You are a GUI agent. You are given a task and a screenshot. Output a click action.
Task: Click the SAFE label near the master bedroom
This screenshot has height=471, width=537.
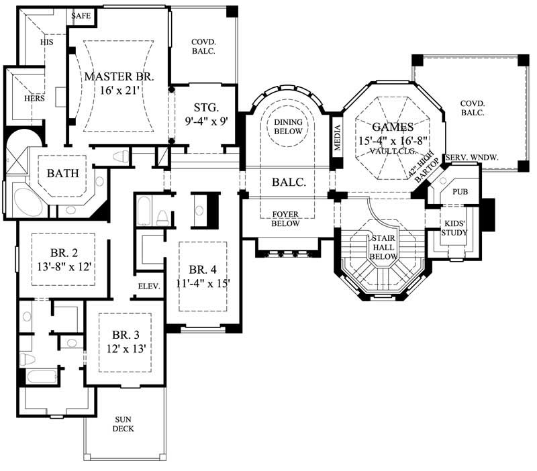tap(81, 15)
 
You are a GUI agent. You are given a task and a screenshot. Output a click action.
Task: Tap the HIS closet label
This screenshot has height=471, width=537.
tap(46, 42)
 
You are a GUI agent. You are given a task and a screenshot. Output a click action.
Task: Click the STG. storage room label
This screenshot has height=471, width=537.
tap(205, 107)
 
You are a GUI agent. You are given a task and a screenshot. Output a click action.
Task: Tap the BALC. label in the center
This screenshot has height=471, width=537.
tap(289, 182)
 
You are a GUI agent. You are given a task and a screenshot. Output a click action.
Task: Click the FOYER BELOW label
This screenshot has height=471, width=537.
tap(285, 219)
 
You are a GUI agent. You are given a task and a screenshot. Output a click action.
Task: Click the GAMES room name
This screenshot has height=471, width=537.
tap(393, 126)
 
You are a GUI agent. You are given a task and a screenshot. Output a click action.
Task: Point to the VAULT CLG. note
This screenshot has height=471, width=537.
tap(393, 152)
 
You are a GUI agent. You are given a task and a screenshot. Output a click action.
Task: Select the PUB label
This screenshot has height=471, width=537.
tap(460, 192)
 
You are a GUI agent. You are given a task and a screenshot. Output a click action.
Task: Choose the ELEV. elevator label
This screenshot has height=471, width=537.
tap(148, 286)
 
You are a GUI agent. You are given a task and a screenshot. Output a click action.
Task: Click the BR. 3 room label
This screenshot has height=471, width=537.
tap(126, 335)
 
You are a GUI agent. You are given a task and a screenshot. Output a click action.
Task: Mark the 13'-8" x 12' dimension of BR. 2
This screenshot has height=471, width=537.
tap(64, 266)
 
